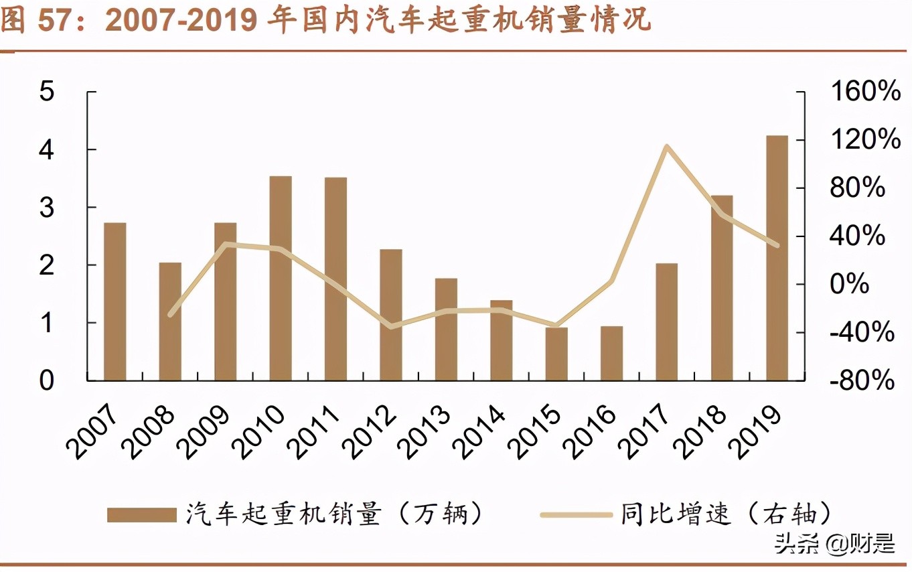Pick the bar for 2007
115,301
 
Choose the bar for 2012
391,315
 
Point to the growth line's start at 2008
171,314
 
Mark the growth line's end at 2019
777,245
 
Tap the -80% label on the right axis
862,380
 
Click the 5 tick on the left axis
46,92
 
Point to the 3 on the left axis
46,208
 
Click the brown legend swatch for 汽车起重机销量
141,514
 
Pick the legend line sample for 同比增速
576,514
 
